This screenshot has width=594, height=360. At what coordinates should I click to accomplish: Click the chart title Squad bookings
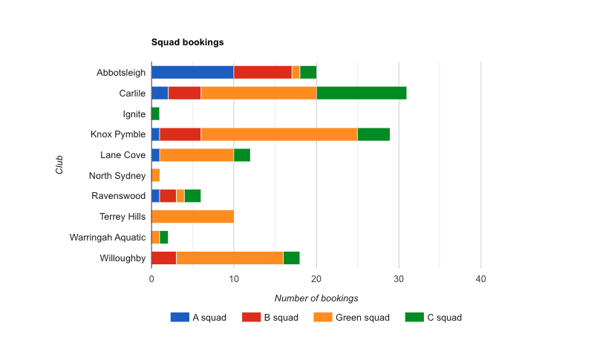point(187,42)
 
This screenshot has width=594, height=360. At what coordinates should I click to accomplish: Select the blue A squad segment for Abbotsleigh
point(192,72)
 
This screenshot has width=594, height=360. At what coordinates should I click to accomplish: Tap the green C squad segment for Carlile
point(362,93)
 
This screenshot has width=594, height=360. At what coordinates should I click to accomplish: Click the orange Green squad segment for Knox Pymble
point(279,134)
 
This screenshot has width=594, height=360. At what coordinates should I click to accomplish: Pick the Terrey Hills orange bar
point(192,217)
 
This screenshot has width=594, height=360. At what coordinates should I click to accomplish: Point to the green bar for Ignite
point(155,114)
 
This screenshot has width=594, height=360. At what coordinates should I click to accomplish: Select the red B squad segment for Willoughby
point(163,258)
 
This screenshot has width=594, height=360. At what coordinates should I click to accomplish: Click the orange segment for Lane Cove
point(197,155)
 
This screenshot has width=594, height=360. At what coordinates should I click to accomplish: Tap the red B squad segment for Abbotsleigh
point(263,72)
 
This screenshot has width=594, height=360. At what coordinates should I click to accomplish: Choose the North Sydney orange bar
point(155,175)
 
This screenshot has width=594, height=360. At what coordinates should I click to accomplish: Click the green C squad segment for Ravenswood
point(192,196)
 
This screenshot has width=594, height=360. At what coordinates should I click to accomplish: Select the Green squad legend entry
point(351,318)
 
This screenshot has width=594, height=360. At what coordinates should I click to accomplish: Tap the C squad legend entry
point(434,318)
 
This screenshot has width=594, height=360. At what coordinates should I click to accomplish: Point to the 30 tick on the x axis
point(399,279)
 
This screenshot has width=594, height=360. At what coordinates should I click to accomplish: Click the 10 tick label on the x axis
point(234,279)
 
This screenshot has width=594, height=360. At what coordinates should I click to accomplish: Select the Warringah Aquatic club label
point(108,238)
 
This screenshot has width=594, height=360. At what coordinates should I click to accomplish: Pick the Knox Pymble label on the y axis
point(118,134)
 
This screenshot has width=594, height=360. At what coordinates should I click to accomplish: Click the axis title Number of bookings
point(316,298)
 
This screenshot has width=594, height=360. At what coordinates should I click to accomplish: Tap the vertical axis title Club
point(59,165)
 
